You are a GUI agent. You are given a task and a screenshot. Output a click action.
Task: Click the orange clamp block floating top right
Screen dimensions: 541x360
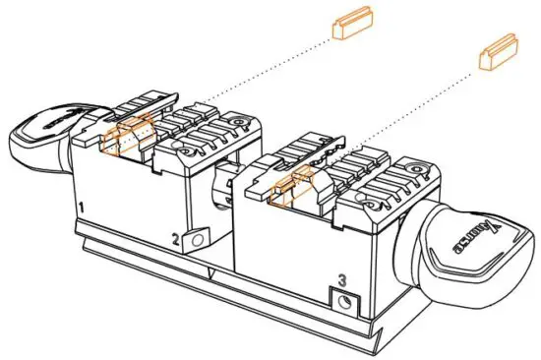498,55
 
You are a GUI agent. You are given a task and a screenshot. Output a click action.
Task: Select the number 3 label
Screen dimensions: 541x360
341,280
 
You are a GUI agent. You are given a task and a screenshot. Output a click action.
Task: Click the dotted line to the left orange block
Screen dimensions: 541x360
246,78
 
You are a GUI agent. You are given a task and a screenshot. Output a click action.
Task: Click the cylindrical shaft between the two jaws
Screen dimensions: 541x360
223,187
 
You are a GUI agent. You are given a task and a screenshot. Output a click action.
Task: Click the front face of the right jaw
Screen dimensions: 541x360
295,256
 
